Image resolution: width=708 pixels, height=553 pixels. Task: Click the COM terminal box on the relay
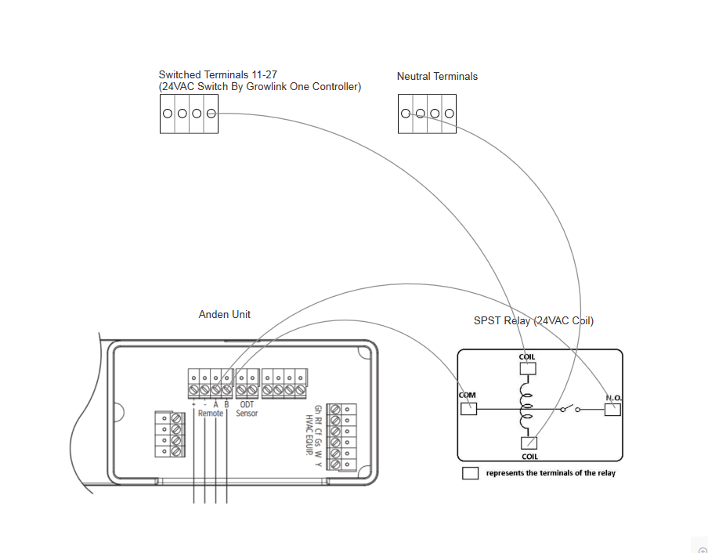click(x=468, y=409)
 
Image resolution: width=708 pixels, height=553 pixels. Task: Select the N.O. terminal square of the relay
click(x=612, y=409)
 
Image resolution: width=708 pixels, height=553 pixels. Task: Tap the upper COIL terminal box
click(x=528, y=368)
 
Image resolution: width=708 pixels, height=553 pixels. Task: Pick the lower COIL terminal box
click(x=529, y=443)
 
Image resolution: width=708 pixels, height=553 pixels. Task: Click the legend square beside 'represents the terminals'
click(x=470, y=473)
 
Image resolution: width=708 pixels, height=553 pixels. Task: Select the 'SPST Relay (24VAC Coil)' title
click(x=533, y=321)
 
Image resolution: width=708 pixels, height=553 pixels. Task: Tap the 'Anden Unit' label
click(x=225, y=314)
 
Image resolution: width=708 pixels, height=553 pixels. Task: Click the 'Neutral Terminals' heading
click(x=437, y=76)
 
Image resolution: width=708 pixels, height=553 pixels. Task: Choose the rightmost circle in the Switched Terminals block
click(x=211, y=114)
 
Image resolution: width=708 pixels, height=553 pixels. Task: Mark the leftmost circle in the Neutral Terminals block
click(x=405, y=114)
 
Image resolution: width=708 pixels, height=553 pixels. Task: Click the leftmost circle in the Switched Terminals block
click(x=168, y=114)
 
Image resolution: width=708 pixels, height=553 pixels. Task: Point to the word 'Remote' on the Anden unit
click(x=210, y=413)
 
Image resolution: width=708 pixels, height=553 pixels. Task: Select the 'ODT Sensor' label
click(x=247, y=409)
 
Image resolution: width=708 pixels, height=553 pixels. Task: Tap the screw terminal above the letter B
click(x=226, y=389)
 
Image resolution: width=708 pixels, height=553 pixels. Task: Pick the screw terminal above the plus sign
click(x=193, y=389)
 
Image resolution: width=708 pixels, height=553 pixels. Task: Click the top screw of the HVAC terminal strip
click(x=336, y=409)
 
